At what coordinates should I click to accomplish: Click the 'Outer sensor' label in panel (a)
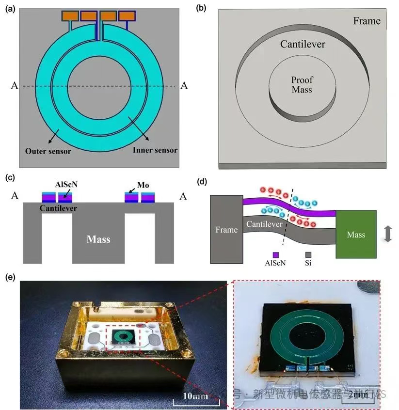click(x=48, y=151)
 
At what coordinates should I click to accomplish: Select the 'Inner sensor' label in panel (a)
click(x=155, y=150)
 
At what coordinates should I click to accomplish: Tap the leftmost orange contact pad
click(x=70, y=16)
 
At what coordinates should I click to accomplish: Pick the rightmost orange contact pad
click(x=127, y=16)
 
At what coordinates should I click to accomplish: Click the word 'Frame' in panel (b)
click(x=367, y=21)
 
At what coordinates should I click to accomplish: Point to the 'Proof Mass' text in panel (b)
click(x=302, y=85)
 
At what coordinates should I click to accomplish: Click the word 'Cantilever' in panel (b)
click(x=303, y=45)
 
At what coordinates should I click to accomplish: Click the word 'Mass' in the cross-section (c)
click(x=98, y=239)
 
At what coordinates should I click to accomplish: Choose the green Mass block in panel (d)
click(x=356, y=235)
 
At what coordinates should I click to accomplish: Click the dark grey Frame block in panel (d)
click(x=226, y=229)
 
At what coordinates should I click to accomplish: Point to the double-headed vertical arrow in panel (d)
click(x=387, y=235)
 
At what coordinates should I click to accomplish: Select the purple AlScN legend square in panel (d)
click(x=275, y=254)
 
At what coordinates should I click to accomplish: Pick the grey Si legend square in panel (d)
click(x=308, y=254)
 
